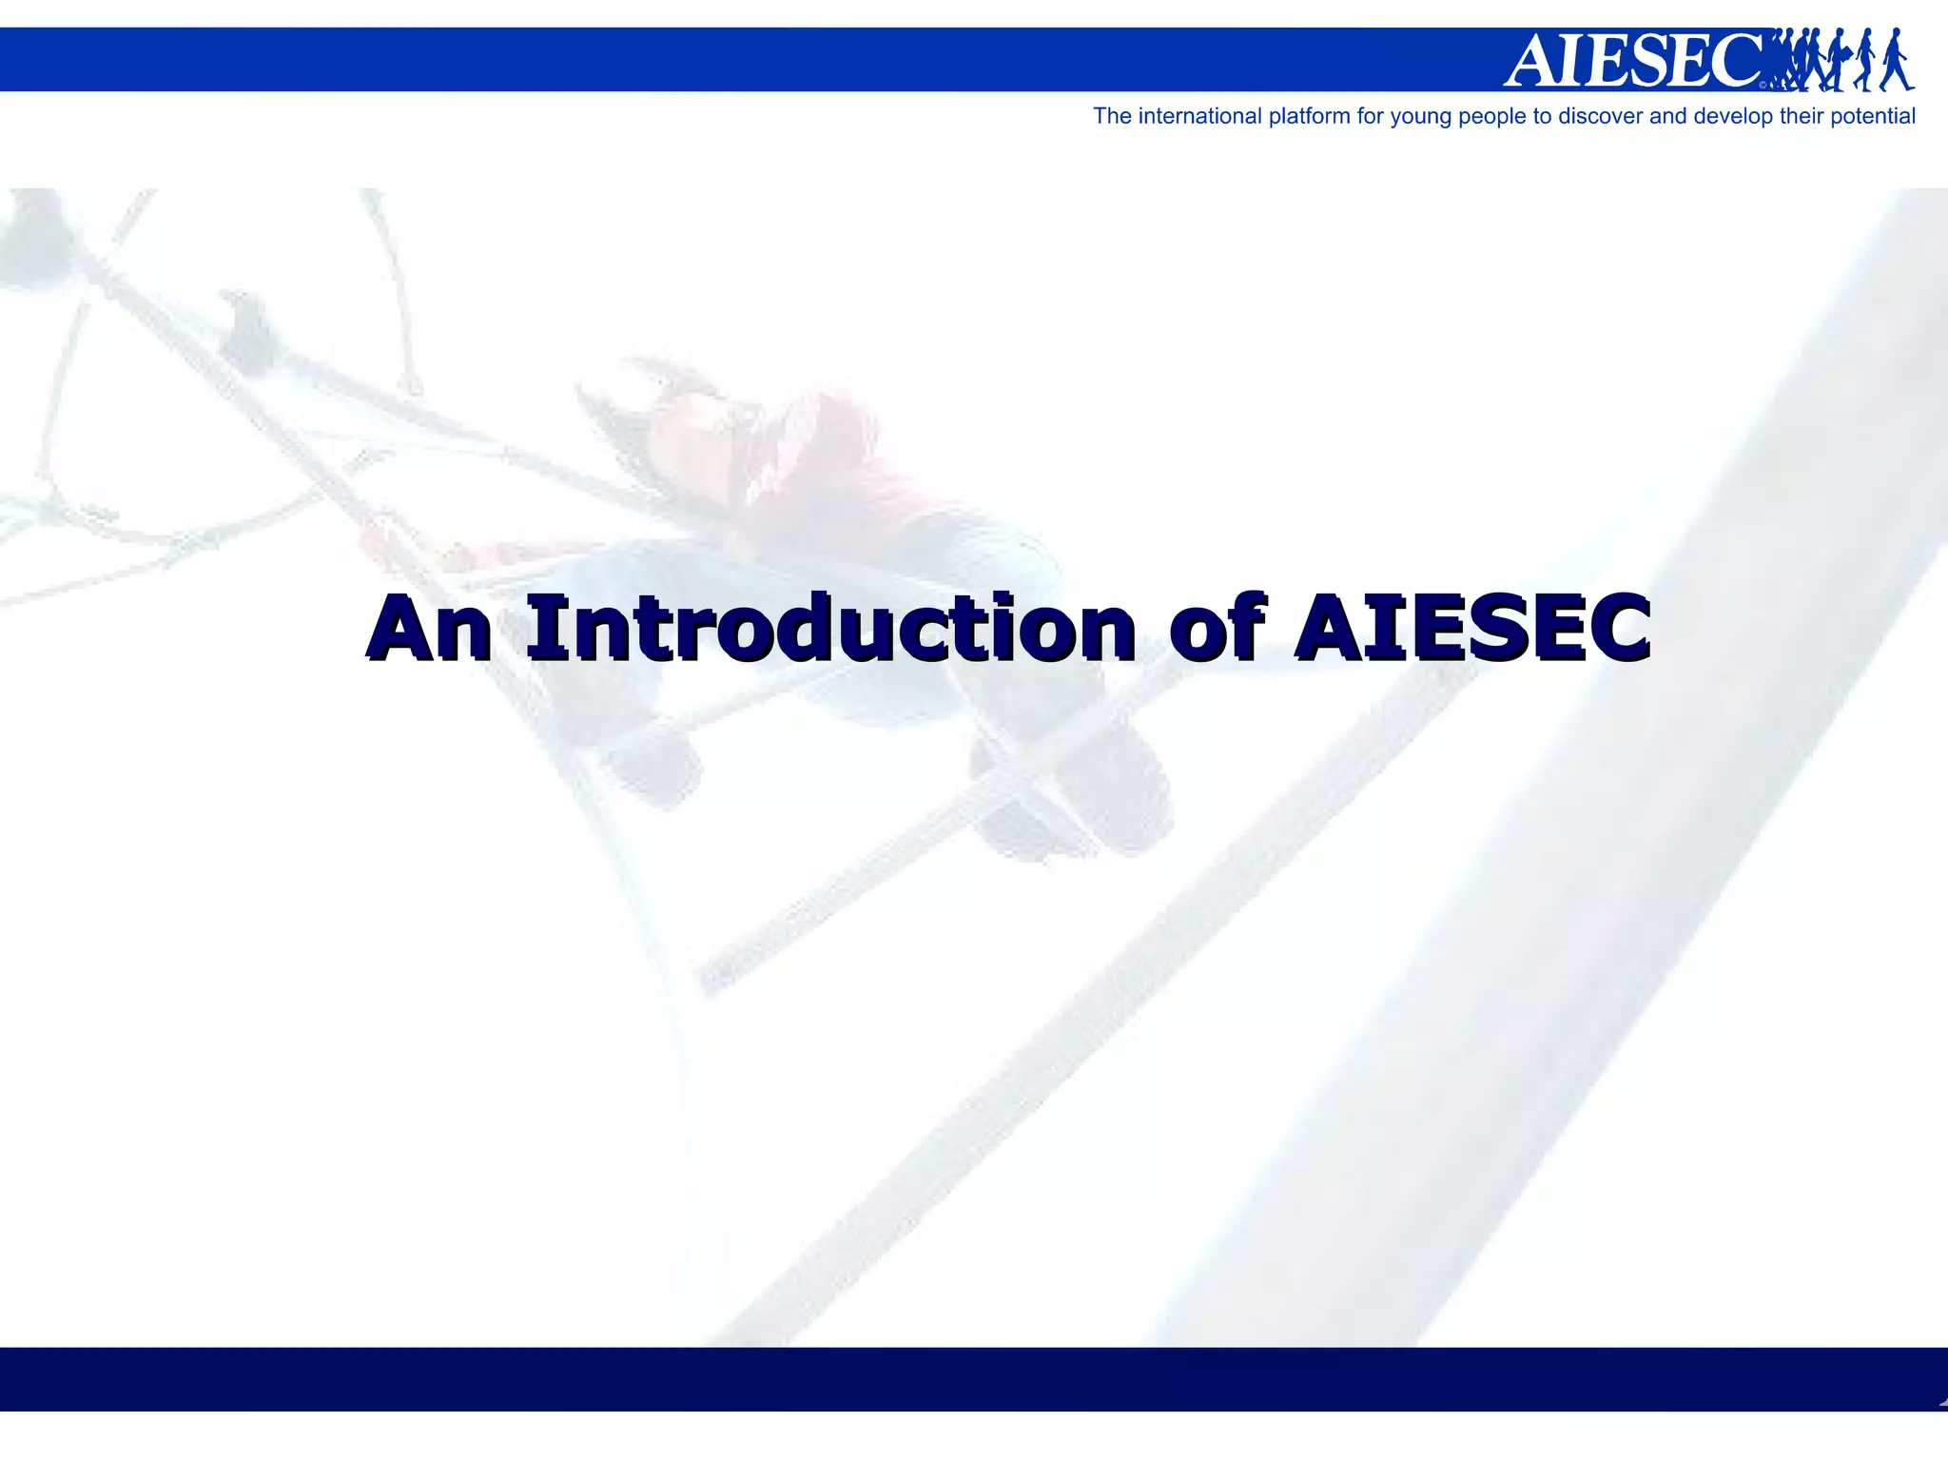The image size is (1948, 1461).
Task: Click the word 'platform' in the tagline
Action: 1308,117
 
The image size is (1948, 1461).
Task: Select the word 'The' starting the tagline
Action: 1112,116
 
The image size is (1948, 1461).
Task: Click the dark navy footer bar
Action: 974,1378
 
